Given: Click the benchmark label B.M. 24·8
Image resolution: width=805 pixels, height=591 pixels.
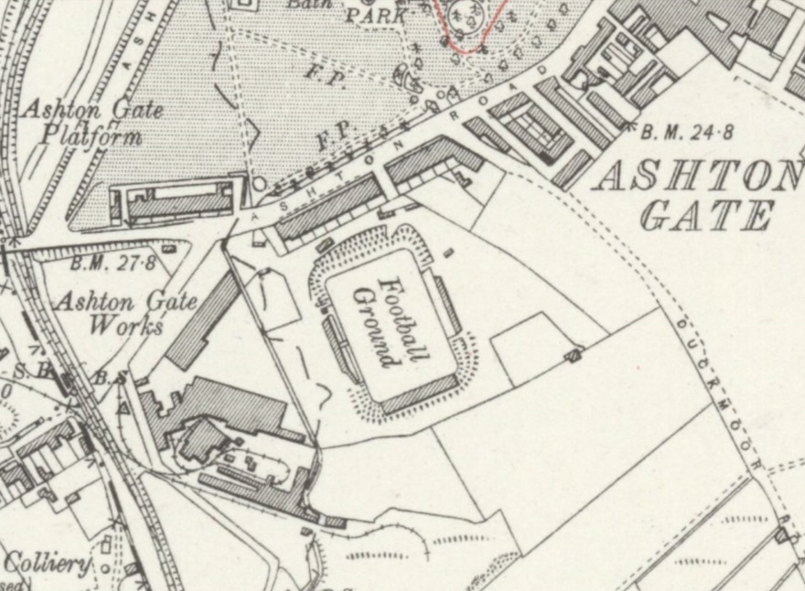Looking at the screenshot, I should click(x=686, y=133).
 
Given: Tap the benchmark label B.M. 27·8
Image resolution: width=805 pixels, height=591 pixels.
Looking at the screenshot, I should click(x=113, y=263).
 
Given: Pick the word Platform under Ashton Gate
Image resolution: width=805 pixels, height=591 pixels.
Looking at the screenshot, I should click(x=92, y=137).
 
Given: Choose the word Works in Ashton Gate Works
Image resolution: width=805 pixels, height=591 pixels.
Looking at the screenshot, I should click(x=134, y=325).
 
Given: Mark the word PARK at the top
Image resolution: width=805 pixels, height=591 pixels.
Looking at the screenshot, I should click(x=376, y=16).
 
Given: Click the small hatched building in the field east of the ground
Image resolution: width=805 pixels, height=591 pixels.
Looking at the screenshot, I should click(x=573, y=353).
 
